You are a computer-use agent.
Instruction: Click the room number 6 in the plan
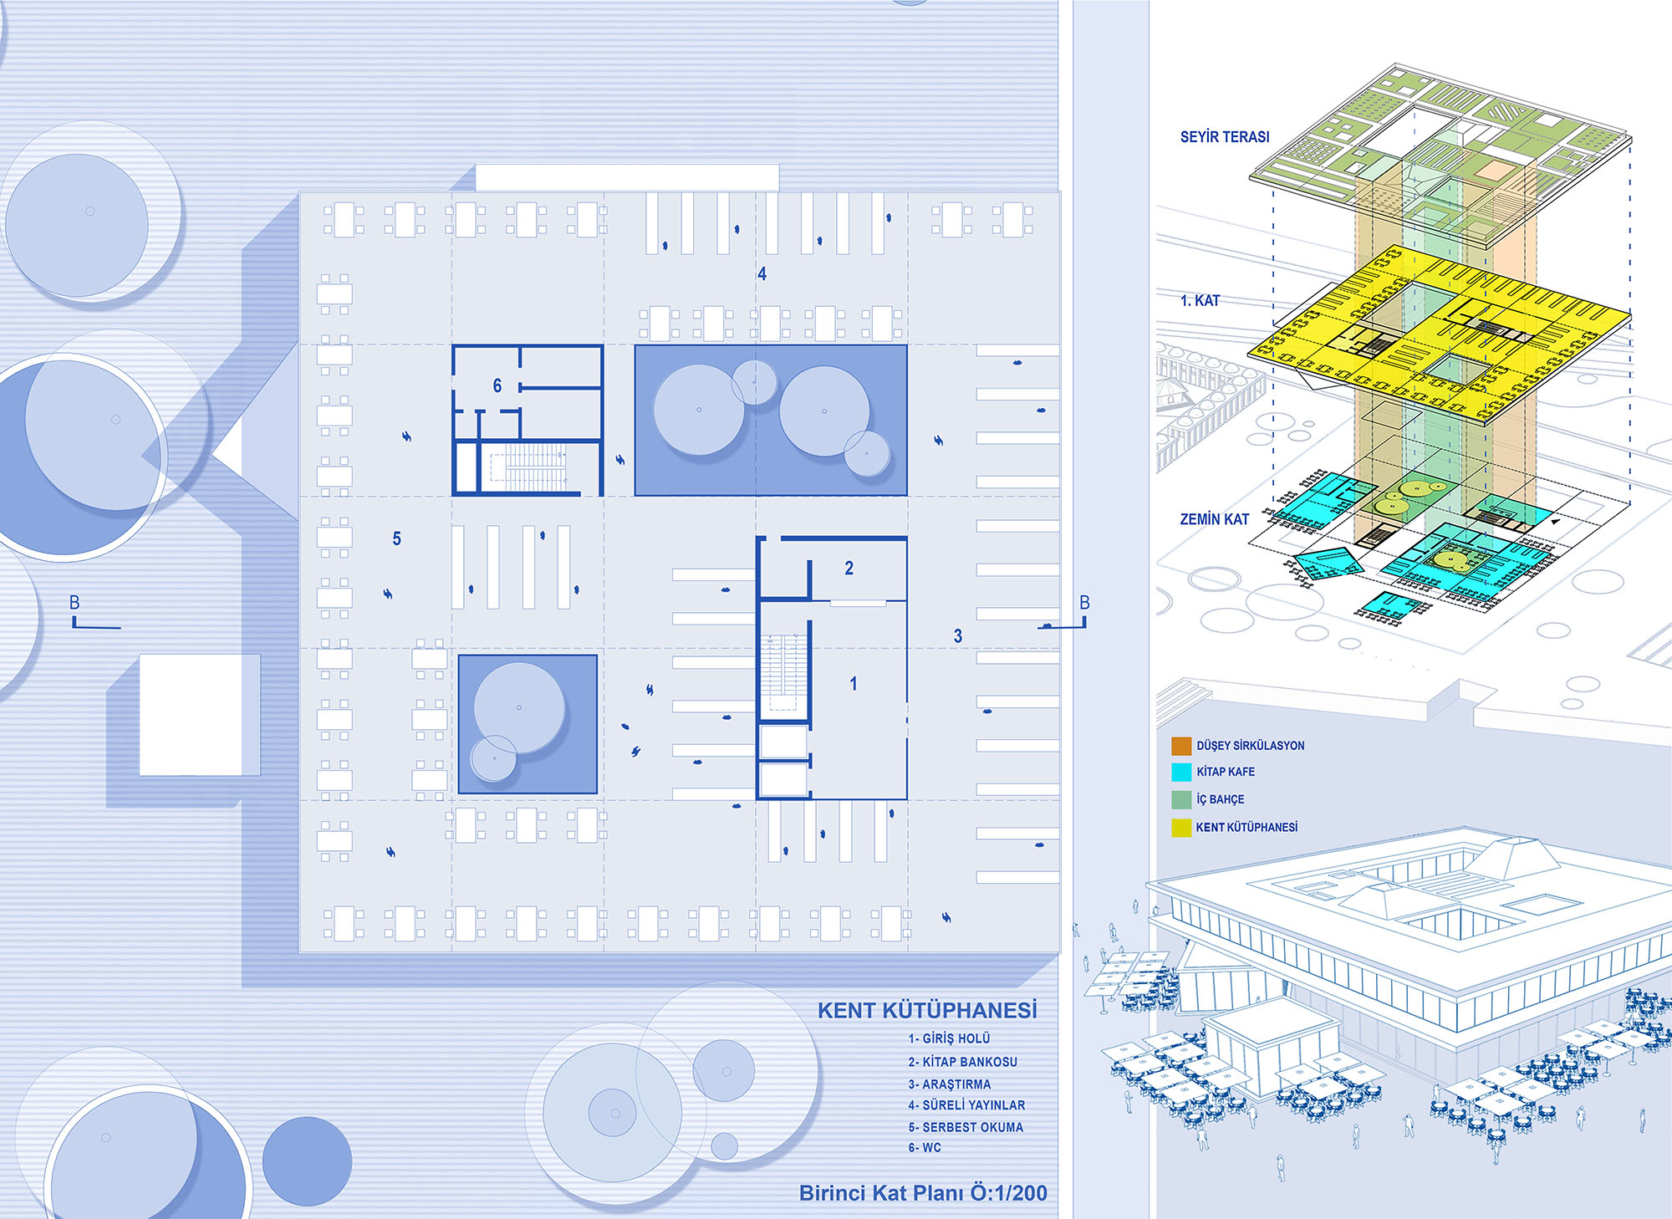click(x=497, y=385)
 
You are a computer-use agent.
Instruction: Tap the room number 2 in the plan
click(x=849, y=569)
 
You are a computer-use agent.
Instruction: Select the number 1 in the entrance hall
click(x=853, y=684)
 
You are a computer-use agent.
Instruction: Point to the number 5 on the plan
click(x=397, y=539)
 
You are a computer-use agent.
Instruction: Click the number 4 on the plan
click(x=762, y=274)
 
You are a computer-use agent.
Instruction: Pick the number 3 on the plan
click(x=958, y=636)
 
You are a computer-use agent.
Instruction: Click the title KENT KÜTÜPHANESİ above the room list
click(x=927, y=1010)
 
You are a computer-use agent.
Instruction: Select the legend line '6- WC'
click(x=925, y=1148)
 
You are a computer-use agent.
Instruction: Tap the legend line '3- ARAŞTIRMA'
click(x=950, y=1084)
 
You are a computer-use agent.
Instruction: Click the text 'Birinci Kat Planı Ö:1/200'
click(x=923, y=1193)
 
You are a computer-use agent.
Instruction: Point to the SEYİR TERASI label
click(x=1224, y=137)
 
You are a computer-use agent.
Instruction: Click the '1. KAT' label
click(x=1200, y=301)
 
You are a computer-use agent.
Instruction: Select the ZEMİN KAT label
click(x=1214, y=519)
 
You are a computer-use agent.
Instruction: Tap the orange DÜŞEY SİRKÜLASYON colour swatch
click(x=1181, y=746)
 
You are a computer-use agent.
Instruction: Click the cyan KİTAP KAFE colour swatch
click(x=1181, y=772)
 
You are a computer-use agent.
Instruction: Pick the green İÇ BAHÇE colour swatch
click(x=1181, y=799)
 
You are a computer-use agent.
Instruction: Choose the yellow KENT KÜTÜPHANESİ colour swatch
click(x=1181, y=828)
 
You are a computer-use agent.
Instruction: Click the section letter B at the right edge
click(x=1084, y=603)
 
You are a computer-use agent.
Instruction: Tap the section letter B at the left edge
click(x=74, y=603)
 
